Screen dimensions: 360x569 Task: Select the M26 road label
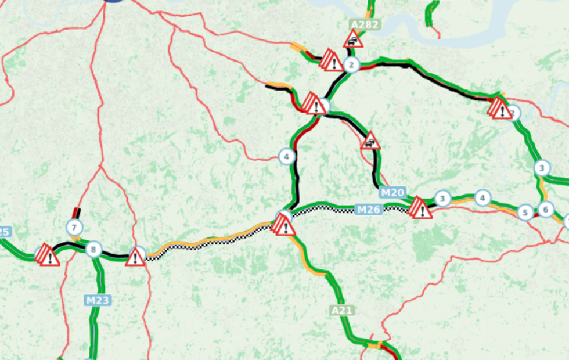[x=368, y=209]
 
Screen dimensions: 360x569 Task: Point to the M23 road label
[x=98, y=300]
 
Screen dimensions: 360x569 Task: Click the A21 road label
[x=342, y=311]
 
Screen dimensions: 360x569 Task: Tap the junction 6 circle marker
[x=545, y=209]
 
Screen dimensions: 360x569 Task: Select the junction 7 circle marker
[x=74, y=227]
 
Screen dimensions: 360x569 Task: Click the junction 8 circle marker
[x=93, y=250]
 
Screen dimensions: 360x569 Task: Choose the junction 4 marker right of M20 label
[x=482, y=198]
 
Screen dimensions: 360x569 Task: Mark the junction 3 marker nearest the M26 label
[x=442, y=199]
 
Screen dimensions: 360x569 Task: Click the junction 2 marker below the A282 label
[x=351, y=64]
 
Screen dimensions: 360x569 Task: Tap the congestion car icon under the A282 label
[x=353, y=39]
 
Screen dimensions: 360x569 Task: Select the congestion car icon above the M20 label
[x=370, y=141]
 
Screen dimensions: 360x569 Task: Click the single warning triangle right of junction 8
[x=135, y=256]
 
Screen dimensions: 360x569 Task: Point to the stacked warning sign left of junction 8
[x=48, y=255]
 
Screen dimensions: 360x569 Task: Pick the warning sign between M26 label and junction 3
[x=420, y=208]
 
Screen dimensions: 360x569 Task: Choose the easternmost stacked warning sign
[x=499, y=108]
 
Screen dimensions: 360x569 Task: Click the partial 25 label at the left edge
[x=5, y=232]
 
